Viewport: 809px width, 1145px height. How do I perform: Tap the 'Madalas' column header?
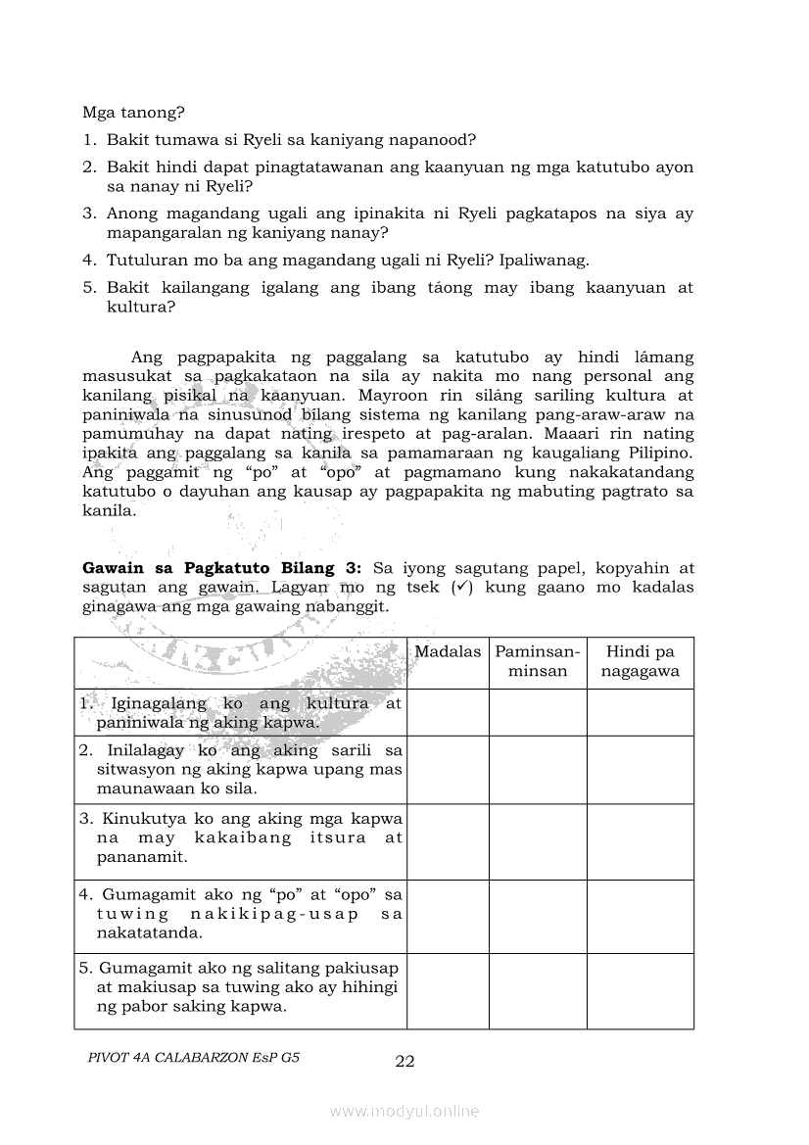(448, 651)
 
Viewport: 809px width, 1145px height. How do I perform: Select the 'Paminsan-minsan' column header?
(538, 661)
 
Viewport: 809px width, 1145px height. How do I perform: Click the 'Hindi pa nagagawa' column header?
(640, 661)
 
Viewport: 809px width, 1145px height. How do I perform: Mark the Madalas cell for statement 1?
(448, 712)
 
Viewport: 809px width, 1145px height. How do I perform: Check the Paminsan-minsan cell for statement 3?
(538, 841)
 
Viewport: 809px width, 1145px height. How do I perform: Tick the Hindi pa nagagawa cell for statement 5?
(640, 990)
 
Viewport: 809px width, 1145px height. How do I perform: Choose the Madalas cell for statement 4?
(448, 916)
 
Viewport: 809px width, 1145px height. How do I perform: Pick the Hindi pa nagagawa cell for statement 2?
(640, 769)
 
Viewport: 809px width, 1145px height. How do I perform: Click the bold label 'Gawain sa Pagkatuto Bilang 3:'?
(222, 569)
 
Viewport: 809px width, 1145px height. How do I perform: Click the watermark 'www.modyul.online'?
(404, 1111)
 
